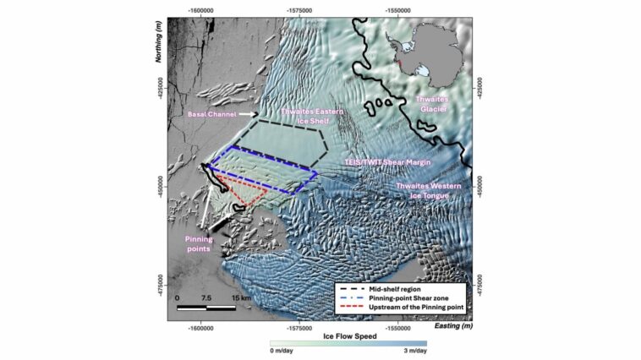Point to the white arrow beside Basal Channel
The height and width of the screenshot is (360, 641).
click(248, 114)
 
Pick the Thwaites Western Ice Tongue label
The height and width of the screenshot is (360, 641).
click(420, 190)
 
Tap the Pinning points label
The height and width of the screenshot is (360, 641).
click(200, 244)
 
